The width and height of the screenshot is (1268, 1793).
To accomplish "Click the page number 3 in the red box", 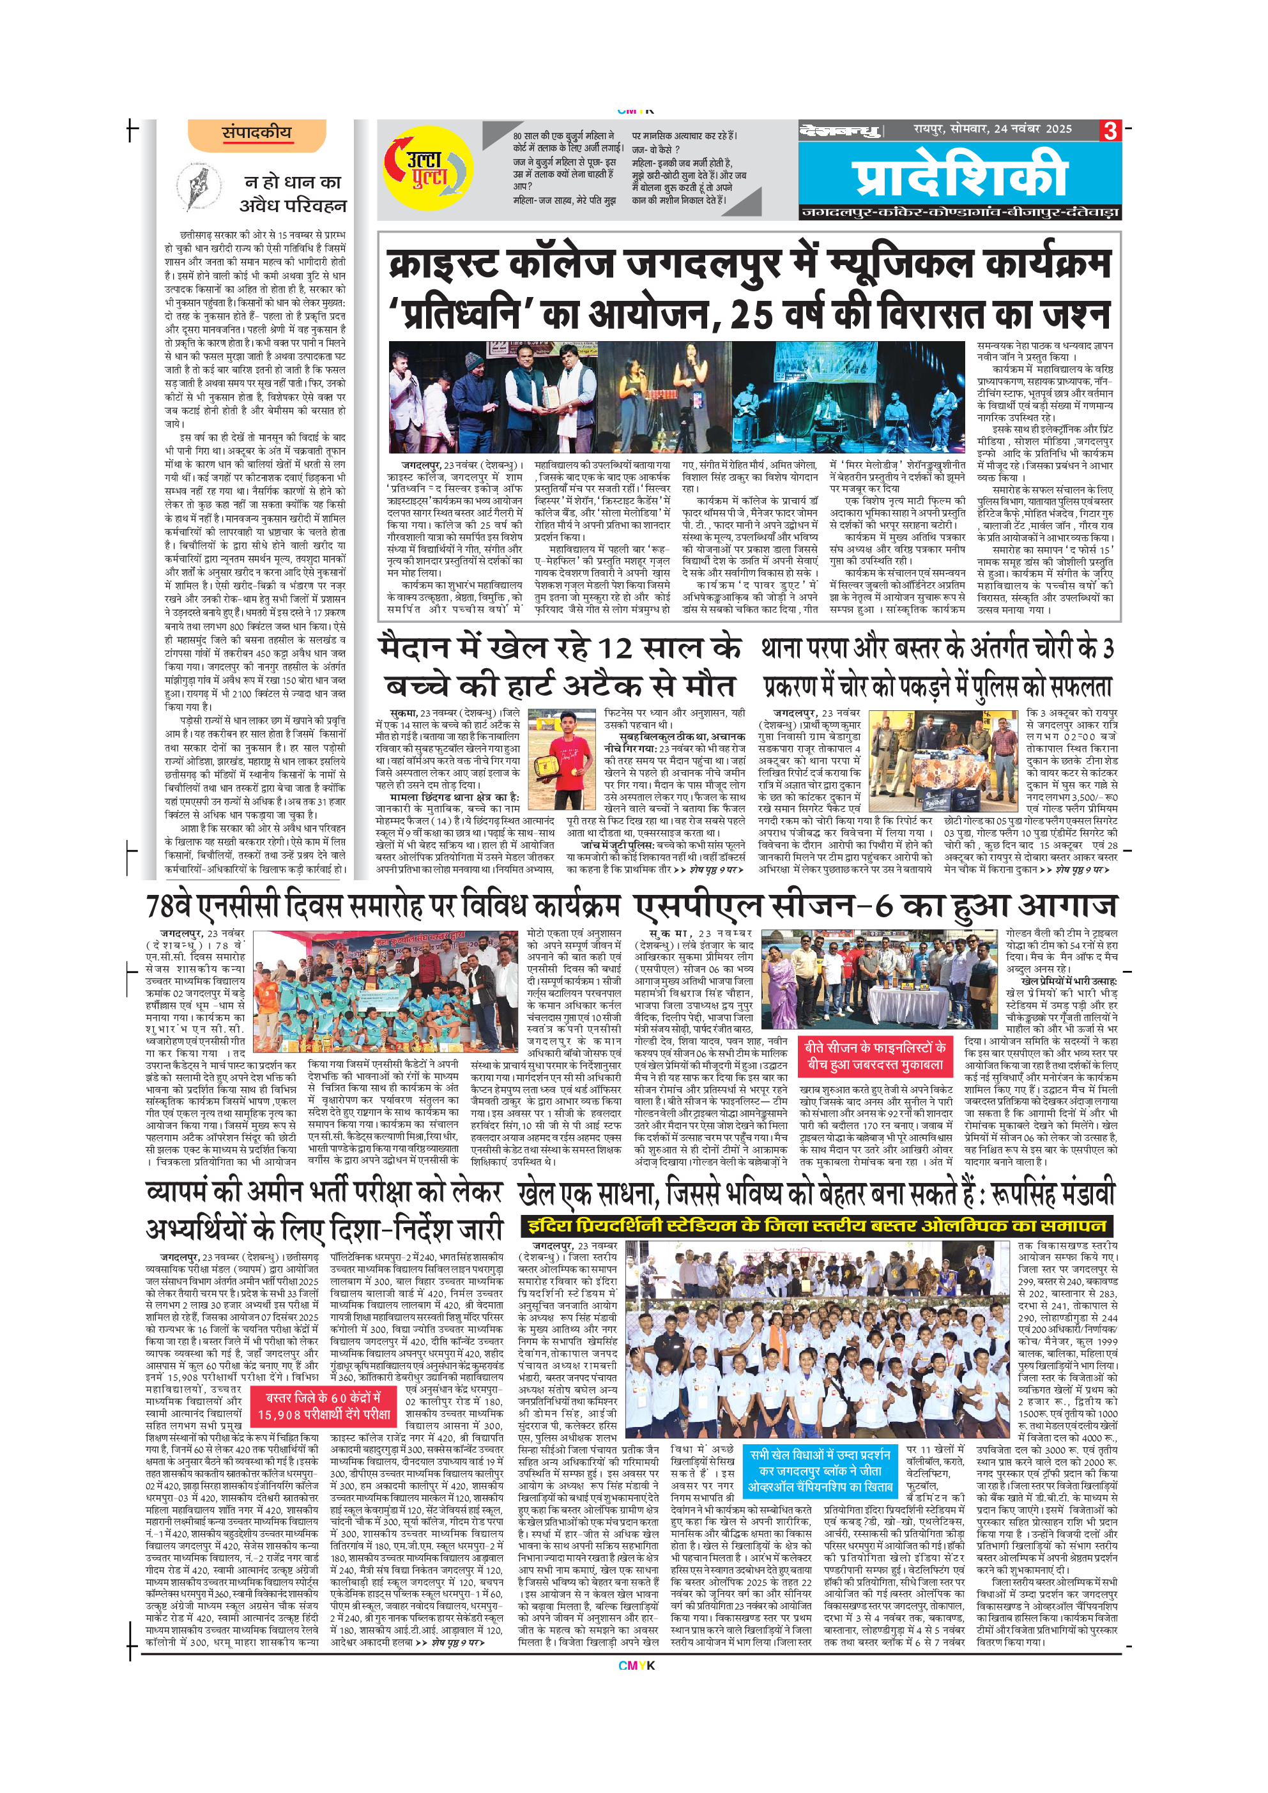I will click(1110, 130).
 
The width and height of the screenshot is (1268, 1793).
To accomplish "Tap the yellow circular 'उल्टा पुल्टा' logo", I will click(428, 168).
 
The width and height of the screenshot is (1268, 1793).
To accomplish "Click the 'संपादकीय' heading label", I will click(256, 133).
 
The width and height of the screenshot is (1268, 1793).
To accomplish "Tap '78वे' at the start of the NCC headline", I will click(169, 906).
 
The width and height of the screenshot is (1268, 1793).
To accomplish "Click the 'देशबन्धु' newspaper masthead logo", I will click(840, 130).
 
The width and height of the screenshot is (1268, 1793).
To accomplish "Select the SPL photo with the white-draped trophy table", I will click(880, 979).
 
